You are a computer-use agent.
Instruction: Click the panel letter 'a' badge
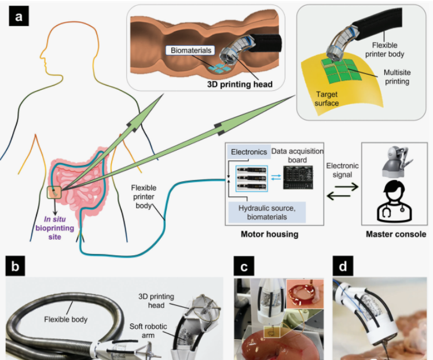coord(19,17)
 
